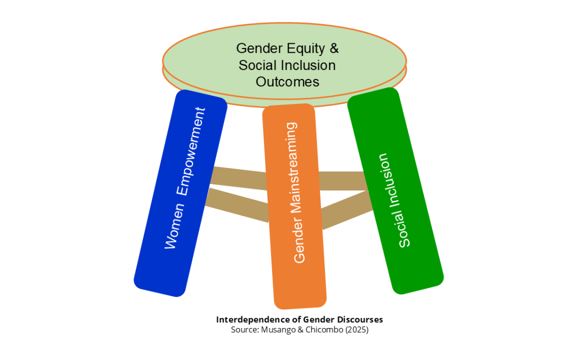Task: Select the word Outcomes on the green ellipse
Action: [287, 82]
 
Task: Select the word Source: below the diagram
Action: [244, 330]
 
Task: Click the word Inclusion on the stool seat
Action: [310, 65]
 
